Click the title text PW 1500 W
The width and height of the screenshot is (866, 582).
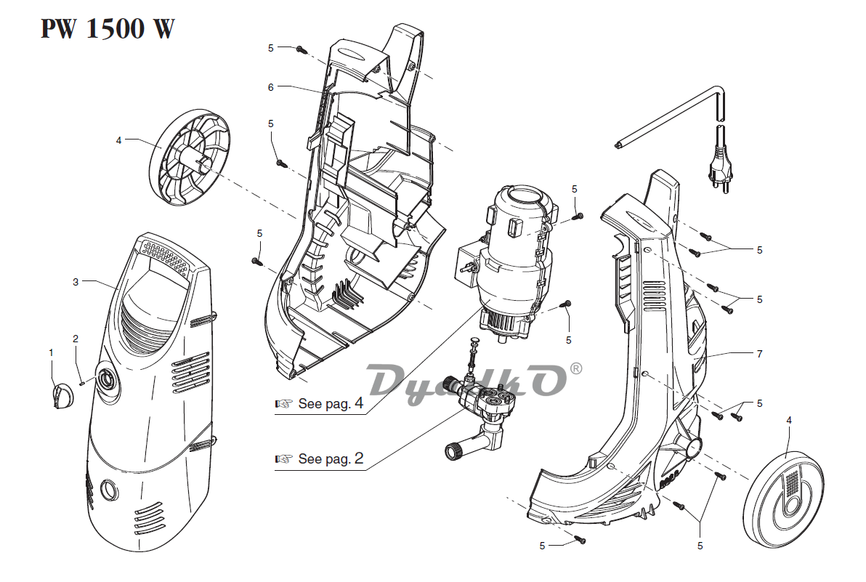tap(107, 29)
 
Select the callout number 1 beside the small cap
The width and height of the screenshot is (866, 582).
tap(51, 352)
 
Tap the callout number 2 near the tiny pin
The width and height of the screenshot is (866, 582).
tap(75, 339)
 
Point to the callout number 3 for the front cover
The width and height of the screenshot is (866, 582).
tap(76, 282)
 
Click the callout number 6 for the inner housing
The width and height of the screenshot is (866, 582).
tap(270, 87)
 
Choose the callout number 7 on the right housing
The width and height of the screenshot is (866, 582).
tap(759, 354)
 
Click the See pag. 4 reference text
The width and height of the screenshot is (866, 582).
tap(331, 404)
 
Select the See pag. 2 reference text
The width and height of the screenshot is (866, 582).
tap(331, 459)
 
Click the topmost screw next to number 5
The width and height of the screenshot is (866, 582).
tap(301, 49)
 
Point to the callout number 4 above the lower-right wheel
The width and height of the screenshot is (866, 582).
tap(789, 420)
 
